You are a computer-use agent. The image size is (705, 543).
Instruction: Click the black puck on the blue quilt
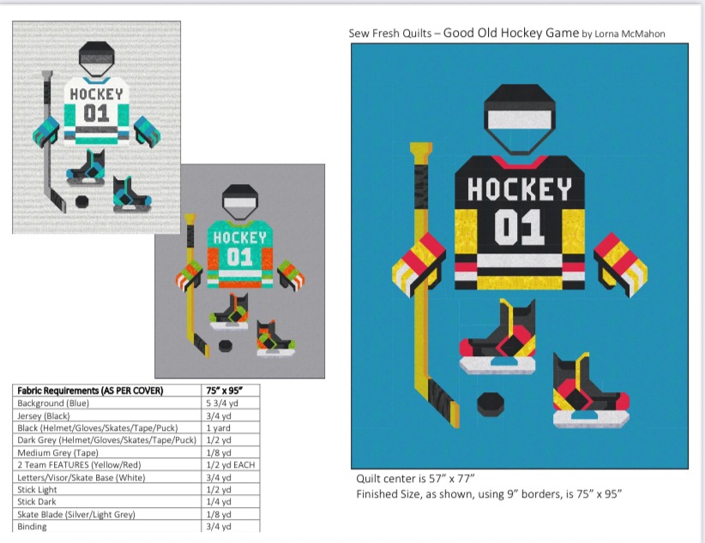[x=491, y=403]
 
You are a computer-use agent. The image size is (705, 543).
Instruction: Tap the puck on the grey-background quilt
[x=226, y=346]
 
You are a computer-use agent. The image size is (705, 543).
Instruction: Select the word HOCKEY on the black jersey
[x=519, y=189]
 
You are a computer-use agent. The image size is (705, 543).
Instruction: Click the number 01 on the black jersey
[x=520, y=227]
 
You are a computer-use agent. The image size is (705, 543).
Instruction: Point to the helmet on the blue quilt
[x=519, y=119]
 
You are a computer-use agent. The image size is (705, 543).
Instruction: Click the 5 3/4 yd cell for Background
[x=222, y=403]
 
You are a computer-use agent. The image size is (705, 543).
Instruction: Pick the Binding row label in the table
[x=32, y=527]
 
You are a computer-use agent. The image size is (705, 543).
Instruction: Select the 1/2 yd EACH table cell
[x=231, y=465]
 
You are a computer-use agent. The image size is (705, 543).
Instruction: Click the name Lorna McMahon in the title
[x=630, y=33]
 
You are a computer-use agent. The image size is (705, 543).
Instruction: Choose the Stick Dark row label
[x=37, y=502]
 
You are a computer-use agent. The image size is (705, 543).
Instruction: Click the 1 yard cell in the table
[x=218, y=428]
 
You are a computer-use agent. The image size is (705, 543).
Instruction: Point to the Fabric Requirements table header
[x=90, y=391]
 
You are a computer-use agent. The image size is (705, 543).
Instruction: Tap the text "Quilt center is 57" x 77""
[x=415, y=478]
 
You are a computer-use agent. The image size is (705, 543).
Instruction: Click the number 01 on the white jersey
[x=96, y=113]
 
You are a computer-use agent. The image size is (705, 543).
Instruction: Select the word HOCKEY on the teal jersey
[x=239, y=237]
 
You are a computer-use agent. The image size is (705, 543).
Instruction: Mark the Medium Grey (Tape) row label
[x=57, y=453]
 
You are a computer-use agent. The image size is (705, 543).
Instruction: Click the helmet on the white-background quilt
[x=97, y=58]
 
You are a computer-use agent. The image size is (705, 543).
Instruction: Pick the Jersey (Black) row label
[x=44, y=416]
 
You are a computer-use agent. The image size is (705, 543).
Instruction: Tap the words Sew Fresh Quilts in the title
[x=390, y=33]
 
